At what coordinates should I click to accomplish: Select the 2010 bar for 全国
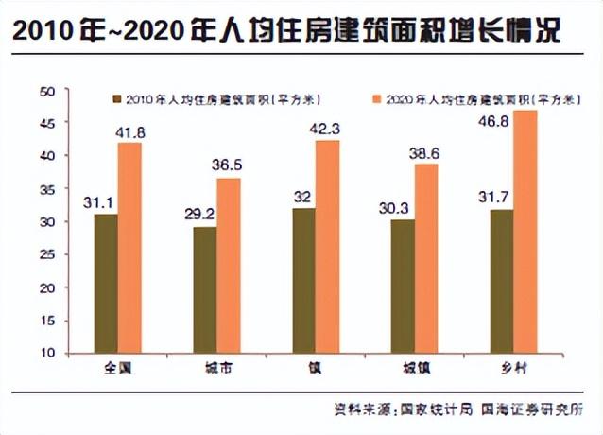click(x=106, y=283)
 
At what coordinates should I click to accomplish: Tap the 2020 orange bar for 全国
click(x=130, y=248)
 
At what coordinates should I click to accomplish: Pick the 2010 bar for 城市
click(x=204, y=289)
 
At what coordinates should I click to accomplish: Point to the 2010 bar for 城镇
click(x=402, y=286)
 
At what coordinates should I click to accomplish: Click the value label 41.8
click(x=130, y=133)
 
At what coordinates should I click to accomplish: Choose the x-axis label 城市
click(x=217, y=368)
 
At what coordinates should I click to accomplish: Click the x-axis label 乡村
click(x=514, y=368)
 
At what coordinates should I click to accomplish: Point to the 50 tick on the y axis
click(x=49, y=91)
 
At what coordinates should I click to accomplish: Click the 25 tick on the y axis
click(x=49, y=254)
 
